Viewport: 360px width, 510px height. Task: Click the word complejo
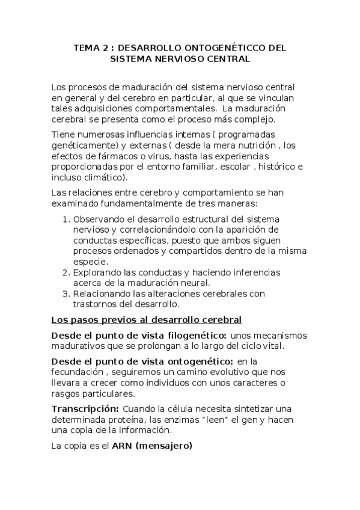click(245, 119)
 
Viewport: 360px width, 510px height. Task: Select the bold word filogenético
click(197, 334)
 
